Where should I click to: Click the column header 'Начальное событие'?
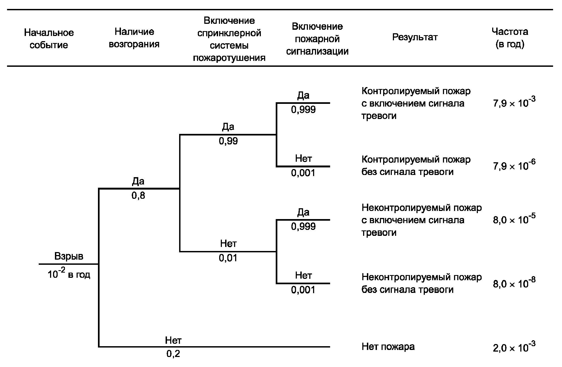49,39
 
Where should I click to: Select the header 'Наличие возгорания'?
134,38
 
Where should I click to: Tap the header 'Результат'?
415,37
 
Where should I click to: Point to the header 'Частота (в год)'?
510,38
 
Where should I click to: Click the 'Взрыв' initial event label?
69,256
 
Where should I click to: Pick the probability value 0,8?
138,196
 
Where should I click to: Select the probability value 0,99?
228,141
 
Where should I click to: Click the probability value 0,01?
228,258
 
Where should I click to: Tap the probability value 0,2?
173,354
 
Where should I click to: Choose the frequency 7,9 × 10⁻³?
514,103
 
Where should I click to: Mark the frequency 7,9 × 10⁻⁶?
514,165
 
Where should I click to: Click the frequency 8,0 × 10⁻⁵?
514,219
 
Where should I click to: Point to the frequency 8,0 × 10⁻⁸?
514,283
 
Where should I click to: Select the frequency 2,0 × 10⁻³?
514,347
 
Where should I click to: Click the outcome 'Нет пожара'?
388,346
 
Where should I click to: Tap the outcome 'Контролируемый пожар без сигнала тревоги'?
416,166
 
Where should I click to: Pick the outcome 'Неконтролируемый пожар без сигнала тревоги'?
422,283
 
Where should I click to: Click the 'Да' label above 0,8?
138,181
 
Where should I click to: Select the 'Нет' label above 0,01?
228,244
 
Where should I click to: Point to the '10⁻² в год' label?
69,274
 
